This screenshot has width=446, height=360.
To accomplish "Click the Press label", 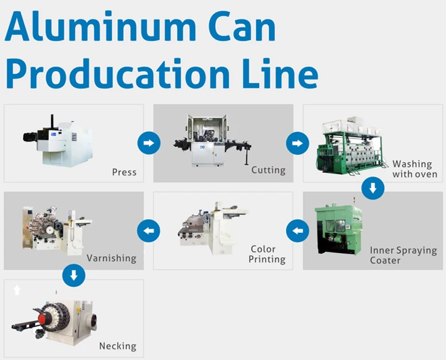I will (x=124, y=172).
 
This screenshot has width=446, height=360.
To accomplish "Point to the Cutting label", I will (x=268, y=170).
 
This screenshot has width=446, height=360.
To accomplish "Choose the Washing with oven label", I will (x=414, y=169).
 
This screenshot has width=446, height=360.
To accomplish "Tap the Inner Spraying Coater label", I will (x=403, y=255).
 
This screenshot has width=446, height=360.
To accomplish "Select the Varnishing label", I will (x=111, y=258).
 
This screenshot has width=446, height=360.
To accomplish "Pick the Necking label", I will (x=117, y=346).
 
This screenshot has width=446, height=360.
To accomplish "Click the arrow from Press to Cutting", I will (x=149, y=143).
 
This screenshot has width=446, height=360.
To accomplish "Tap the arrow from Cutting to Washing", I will (x=297, y=143).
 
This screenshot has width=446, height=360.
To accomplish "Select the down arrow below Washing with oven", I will (x=373, y=188).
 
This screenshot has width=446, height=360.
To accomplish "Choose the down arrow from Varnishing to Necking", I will (x=74, y=274).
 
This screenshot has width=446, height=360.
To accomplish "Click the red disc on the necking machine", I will (x=43, y=319).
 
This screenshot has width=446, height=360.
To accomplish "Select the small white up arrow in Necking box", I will (x=17, y=290).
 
